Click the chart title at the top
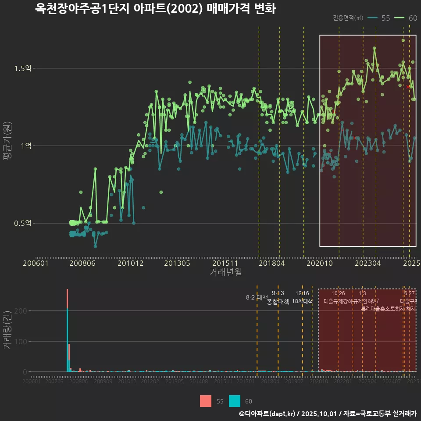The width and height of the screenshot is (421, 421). (155, 9)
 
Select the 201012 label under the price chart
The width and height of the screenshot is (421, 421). (130, 263)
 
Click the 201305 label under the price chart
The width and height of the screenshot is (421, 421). (177, 263)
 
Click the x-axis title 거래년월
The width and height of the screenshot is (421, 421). (225, 272)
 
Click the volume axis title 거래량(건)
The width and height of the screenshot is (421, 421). (7, 331)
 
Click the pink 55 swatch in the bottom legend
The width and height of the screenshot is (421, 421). (205, 401)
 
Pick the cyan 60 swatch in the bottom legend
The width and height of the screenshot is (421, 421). (235, 401)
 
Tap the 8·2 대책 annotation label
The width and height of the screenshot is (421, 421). (257, 298)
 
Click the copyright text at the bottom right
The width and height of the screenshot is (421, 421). (328, 414)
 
